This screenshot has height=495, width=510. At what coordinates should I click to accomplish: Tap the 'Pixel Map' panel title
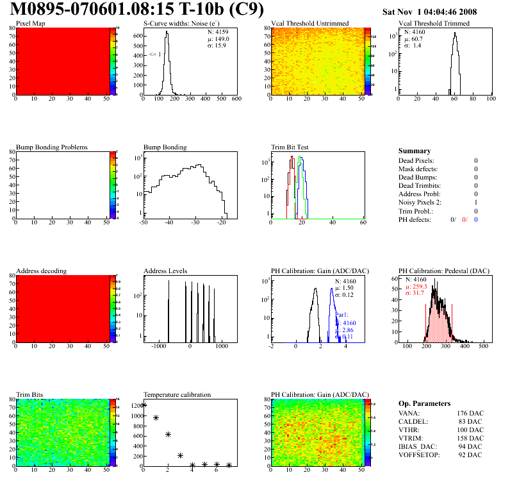tap(31, 24)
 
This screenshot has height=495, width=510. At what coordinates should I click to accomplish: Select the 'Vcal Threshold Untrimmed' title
tap(310, 24)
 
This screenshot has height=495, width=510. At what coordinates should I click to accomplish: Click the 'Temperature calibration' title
tap(177, 395)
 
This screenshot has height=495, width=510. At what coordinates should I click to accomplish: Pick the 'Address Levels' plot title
tap(165, 271)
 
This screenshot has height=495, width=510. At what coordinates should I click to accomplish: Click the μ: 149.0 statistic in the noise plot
tap(217, 38)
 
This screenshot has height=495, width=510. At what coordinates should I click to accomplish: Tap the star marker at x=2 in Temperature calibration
tap(168, 435)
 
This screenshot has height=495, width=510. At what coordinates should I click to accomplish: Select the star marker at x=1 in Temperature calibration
tap(156, 417)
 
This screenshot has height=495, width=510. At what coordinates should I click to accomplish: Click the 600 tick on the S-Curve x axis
tap(236, 99)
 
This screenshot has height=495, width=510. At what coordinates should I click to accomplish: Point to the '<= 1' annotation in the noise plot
tap(155, 55)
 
